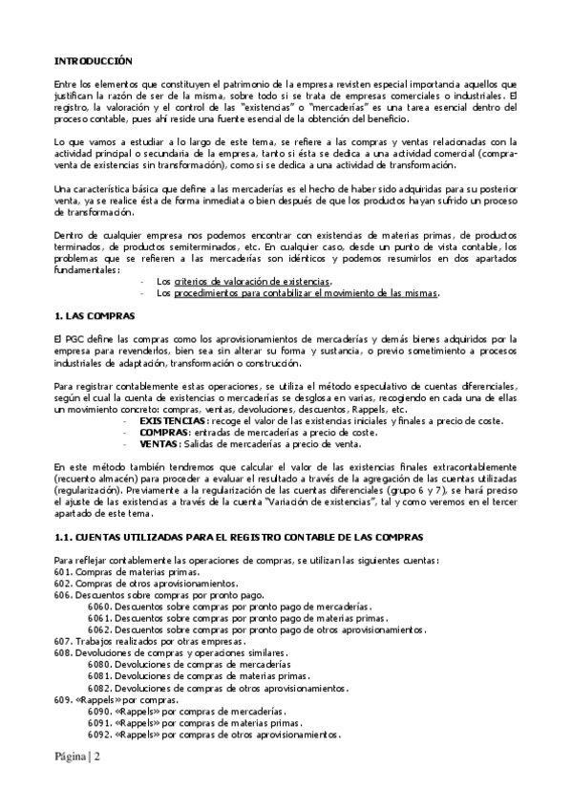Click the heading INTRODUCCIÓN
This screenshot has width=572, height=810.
tap(93, 59)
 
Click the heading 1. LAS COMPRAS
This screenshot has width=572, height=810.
tap(95, 314)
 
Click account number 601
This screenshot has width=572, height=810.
tap(63, 571)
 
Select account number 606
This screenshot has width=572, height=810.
tap(63, 594)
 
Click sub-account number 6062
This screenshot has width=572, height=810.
tap(98, 629)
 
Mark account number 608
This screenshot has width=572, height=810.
tap(63, 652)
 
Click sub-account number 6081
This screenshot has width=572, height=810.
tap(98, 676)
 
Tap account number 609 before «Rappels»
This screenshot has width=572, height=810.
tap(63, 699)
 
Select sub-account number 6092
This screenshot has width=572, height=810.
tap(98, 735)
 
